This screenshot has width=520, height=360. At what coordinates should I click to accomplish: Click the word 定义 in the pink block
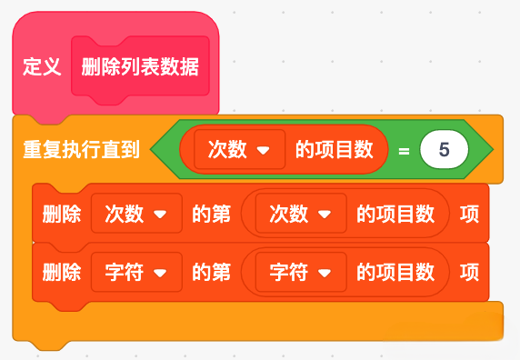pyautogui.click(x=42, y=66)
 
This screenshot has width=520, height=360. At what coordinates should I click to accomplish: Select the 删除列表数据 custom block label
pyautogui.click(x=140, y=66)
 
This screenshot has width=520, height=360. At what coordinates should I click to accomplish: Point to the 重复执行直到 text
pyautogui.click(x=81, y=149)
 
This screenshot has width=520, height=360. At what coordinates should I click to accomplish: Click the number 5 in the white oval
pyautogui.click(x=444, y=149)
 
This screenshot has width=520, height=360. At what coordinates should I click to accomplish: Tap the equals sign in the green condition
pyautogui.click(x=404, y=151)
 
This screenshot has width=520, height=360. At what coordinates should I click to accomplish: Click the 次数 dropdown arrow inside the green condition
pyautogui.click(x=264, y=151)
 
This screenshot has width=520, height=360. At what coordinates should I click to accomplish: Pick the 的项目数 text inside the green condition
pyautogui.click(x=335, y=149)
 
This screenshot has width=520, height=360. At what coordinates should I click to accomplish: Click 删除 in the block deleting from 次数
pyautogui.click(x=62, y=214)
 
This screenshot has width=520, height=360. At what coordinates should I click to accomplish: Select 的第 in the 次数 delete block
pyautogui.click(x=211, y=214)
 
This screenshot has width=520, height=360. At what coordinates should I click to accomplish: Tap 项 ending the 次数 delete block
pyautogui.click(x=469, y=214)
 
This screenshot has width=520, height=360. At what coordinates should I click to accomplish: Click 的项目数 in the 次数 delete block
pyautogui.click(x=395, y=214)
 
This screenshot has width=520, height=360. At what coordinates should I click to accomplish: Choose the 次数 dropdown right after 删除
pyautogui.click(x=136, y=214)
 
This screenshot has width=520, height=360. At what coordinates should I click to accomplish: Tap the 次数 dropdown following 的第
pyautogui.click(x=301, y=214)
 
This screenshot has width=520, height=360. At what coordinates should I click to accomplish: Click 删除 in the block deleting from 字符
pyautogui.click(x=62, y=272)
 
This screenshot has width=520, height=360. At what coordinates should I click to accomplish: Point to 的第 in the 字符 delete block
pyautogui.click(x=211, y=272)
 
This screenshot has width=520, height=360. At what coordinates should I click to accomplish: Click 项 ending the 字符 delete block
pyautogui.click(x=469, y=272)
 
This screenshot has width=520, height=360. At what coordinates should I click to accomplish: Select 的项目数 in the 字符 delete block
pyautogui.click(x=395, y=272)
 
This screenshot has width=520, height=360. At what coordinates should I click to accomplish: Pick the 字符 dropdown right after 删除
pyautogui.click(x=136, y=272)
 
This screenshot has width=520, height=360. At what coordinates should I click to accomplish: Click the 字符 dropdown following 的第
pyautogui.click(x=301, y=272)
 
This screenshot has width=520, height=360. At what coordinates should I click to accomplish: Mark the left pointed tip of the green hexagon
pyautogui.click(x=151, y=149)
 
